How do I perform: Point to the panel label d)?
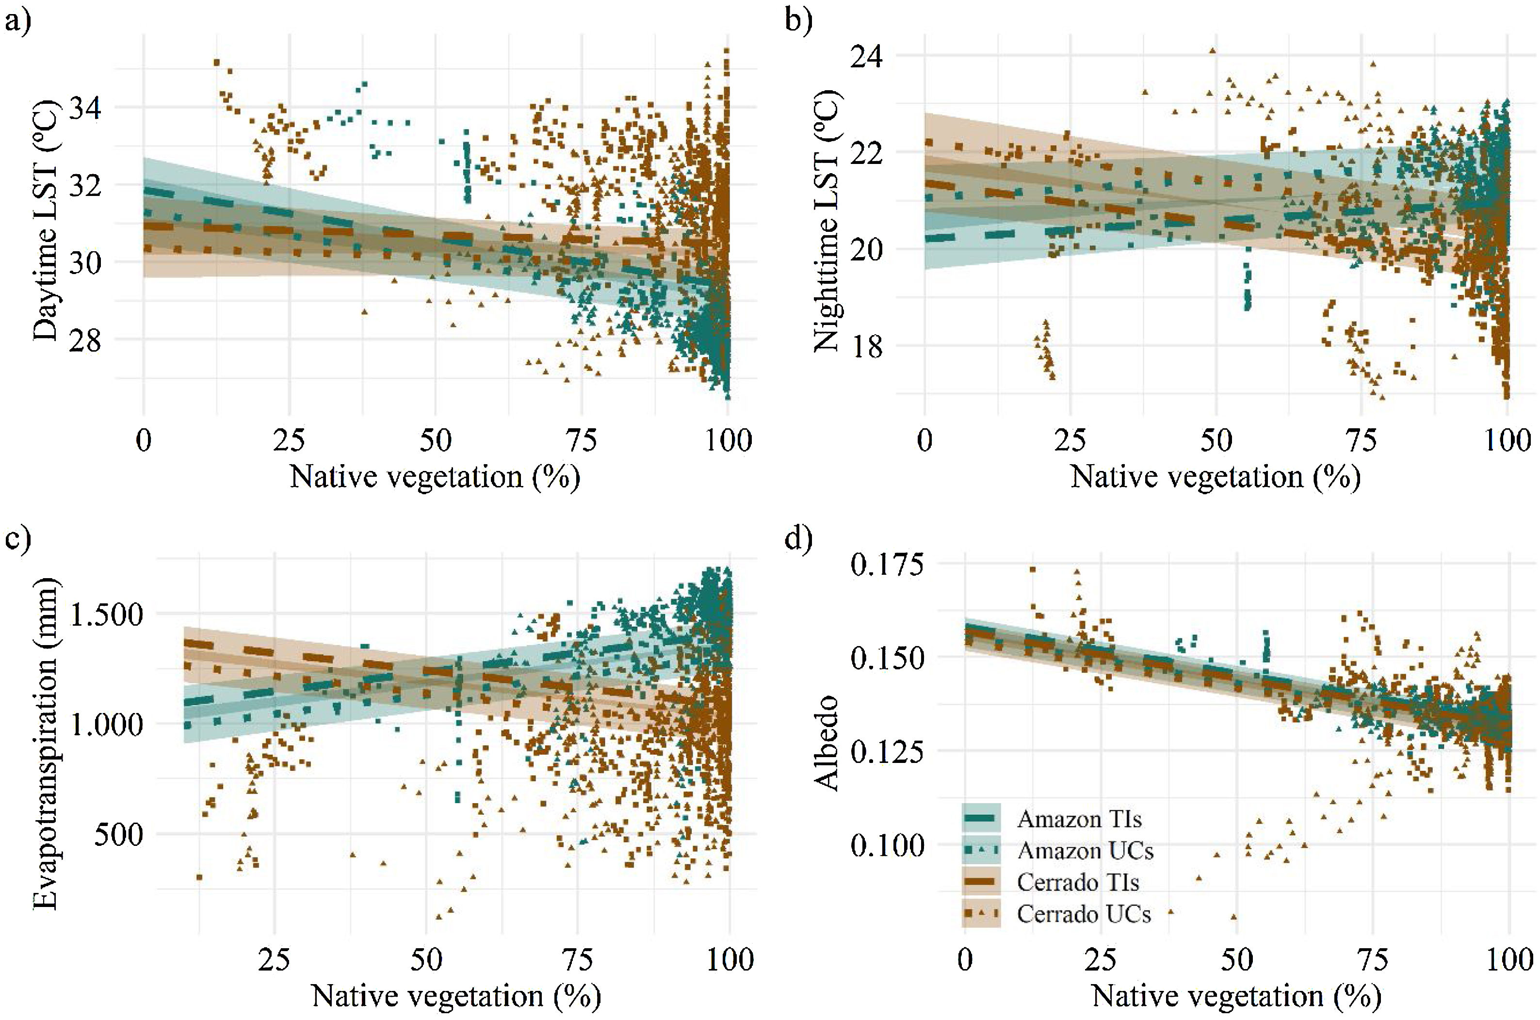798,540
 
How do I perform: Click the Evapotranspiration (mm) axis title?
46,742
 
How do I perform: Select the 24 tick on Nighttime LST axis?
867,57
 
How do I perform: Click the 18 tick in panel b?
867,346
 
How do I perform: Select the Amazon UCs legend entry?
1085,850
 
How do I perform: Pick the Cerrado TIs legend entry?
1078,882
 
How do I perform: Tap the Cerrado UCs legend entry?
1084,914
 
